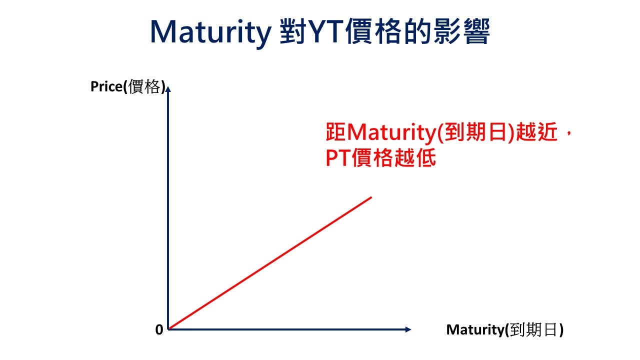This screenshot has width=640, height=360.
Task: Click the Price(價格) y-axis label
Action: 127,86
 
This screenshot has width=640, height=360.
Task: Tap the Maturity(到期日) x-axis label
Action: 504,330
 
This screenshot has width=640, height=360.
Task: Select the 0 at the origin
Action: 159,330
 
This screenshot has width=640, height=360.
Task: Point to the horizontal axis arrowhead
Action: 407,329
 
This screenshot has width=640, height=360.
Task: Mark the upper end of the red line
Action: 371,197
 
